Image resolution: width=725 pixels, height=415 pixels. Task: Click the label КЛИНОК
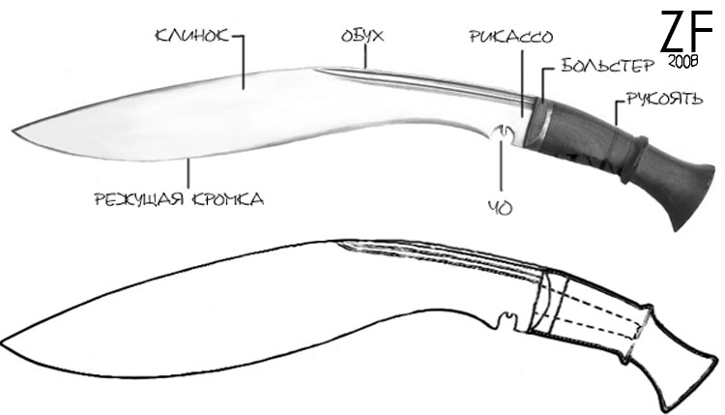[x=192, y=36]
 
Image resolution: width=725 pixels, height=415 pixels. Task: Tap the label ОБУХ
[x=362, y=36]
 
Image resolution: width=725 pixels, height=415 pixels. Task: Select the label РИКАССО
[x=511, y=37]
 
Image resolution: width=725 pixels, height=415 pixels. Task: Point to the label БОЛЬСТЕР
[x=608, y=66]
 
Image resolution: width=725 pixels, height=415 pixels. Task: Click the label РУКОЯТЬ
[x=664, y=99]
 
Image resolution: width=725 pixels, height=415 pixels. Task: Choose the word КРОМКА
[x=228, y=199]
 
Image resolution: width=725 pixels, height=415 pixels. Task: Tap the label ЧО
[x=501, y=208]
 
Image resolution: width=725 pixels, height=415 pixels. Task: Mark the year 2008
[x=682, y=62]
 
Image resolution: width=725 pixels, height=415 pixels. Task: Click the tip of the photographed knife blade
[x=13, y=131]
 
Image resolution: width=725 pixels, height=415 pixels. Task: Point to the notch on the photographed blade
[x=502, y=134]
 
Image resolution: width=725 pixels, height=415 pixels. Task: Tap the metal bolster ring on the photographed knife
[x=538, y=124]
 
